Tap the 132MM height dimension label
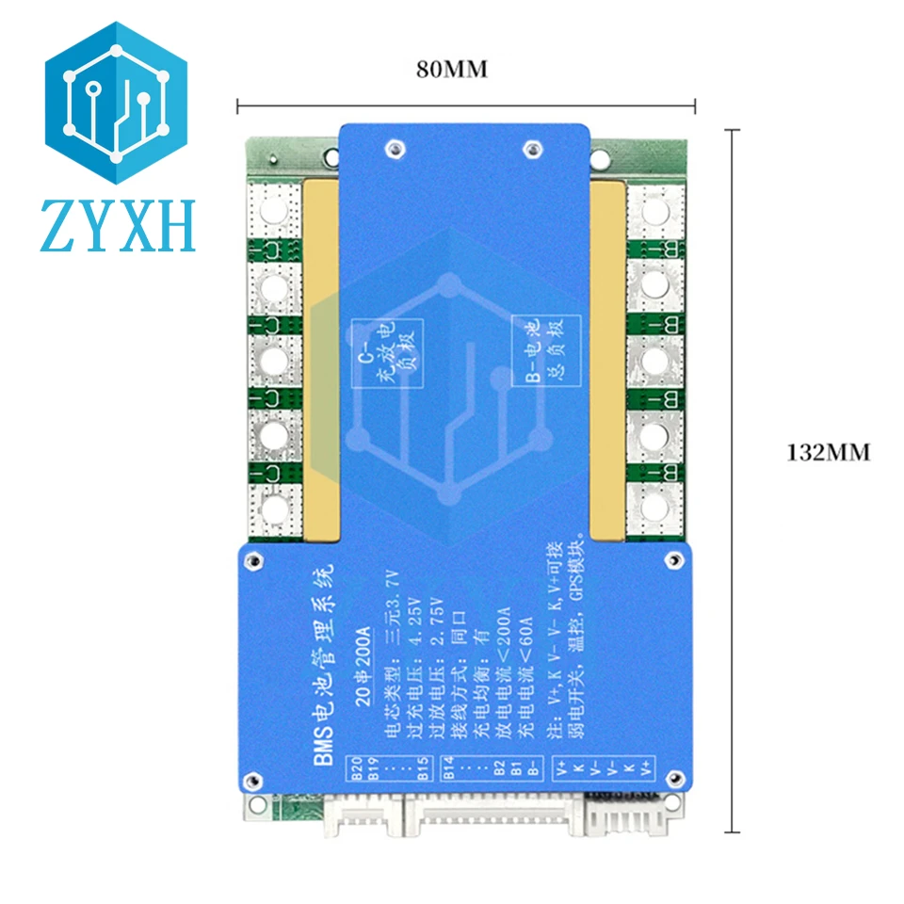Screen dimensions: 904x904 point(829,452)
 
